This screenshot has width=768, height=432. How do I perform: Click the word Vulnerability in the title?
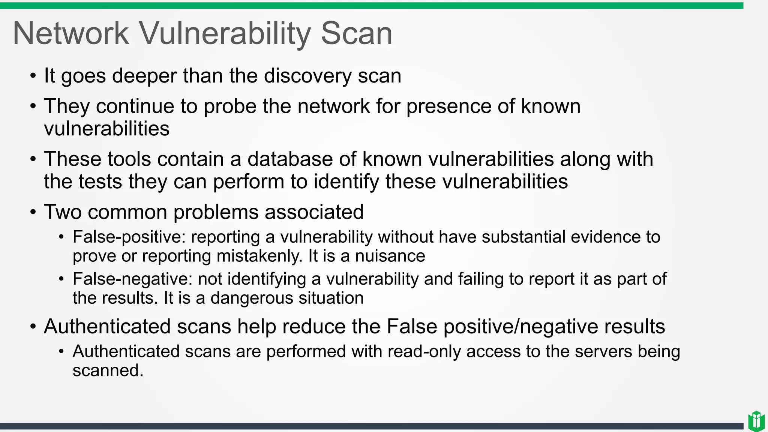pyautogui.click(x=225, y=34)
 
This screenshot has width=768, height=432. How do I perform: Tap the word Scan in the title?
pyautogui.click(x=356, y=34)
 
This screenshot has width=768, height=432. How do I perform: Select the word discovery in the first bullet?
pyautogui.click(x=307, y=76)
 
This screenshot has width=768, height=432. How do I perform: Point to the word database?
pyautogui.click(x=290, y=159)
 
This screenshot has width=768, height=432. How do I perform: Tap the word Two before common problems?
pyautogui.click(x=63, y=212)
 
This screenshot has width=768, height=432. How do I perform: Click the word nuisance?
pyautogui.click(x=390, y=256)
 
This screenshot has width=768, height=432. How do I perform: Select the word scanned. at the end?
pyautogui.click(x=108, y=370)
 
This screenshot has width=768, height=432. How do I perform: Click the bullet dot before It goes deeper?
pyautogui.click(x=33, y=76)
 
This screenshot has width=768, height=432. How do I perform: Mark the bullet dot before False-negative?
pyautogui.click(x=61, y=279)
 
